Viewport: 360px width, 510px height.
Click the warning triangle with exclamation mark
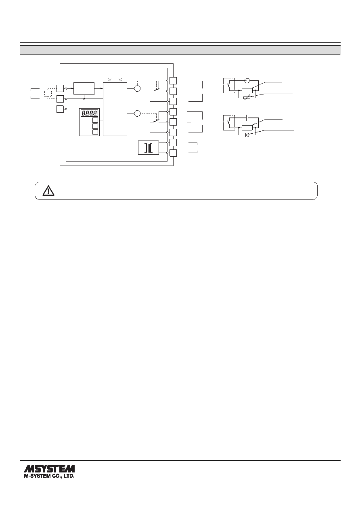point(48,191)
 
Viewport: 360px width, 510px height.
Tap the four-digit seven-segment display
point(90,113)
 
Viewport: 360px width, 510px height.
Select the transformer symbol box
point(149,148)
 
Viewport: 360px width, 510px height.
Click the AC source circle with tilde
point(247,80)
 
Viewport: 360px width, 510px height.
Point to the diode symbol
point(247,135)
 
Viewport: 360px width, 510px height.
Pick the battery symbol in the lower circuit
point(247,118)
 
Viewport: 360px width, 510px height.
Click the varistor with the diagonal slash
point(247,98)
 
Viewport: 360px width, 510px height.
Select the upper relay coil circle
point(138,88)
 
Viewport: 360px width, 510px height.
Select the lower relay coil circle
point(138,113)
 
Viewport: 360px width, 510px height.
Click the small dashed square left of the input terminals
point(48,94)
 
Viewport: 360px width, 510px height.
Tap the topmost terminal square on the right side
point(173,81)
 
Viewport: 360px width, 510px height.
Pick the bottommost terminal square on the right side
point(173,153)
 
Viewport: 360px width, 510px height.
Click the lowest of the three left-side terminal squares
point(60,109)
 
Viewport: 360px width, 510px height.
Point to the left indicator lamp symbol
point(109,80)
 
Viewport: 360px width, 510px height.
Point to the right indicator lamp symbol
point(121,80)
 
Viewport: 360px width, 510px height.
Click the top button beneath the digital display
point(95,120)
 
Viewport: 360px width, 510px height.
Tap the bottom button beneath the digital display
point(95,132)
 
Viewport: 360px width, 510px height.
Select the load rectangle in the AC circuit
point(247,90)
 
